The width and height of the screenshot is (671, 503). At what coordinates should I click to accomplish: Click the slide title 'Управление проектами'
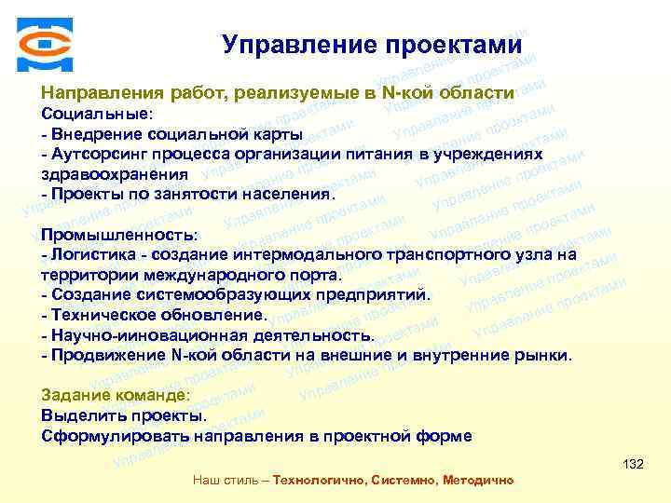coord(372,45)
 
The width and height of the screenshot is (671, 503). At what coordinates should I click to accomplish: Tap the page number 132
coord(633,464)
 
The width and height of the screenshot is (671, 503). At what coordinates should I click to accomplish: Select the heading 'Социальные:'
coord(97,114)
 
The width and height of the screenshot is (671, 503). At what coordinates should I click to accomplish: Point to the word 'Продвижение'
coord(110,356)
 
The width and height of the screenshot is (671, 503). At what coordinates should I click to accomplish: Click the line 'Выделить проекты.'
coord(124,415)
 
